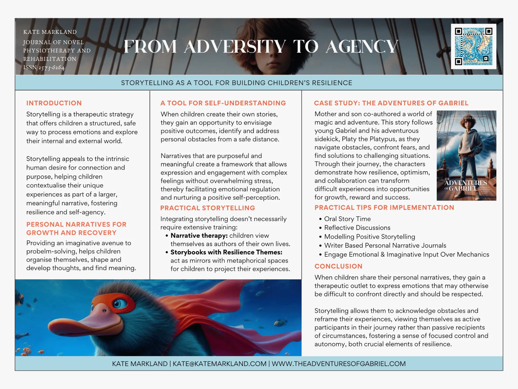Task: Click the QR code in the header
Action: click(473, 46)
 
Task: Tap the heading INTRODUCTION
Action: click(54, 103)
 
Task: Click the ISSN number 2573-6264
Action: click(52, 68)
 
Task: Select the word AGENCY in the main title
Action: click(362, 46)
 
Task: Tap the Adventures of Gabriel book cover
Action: click(466, 155)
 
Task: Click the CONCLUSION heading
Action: click(338, 266)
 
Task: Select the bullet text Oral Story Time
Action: click(347, 219)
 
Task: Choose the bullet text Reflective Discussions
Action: click(357, 228)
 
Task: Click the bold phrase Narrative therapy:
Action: click(199, 236)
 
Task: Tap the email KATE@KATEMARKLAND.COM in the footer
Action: click(219, 364)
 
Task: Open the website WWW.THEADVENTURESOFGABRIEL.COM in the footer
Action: click(338, 364)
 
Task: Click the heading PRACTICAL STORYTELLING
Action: click(207, 208)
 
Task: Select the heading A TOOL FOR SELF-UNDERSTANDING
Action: click(223, 103)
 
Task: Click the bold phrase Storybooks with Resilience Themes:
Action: click(226, 252)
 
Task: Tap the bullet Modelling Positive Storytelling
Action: click(370, 237)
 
